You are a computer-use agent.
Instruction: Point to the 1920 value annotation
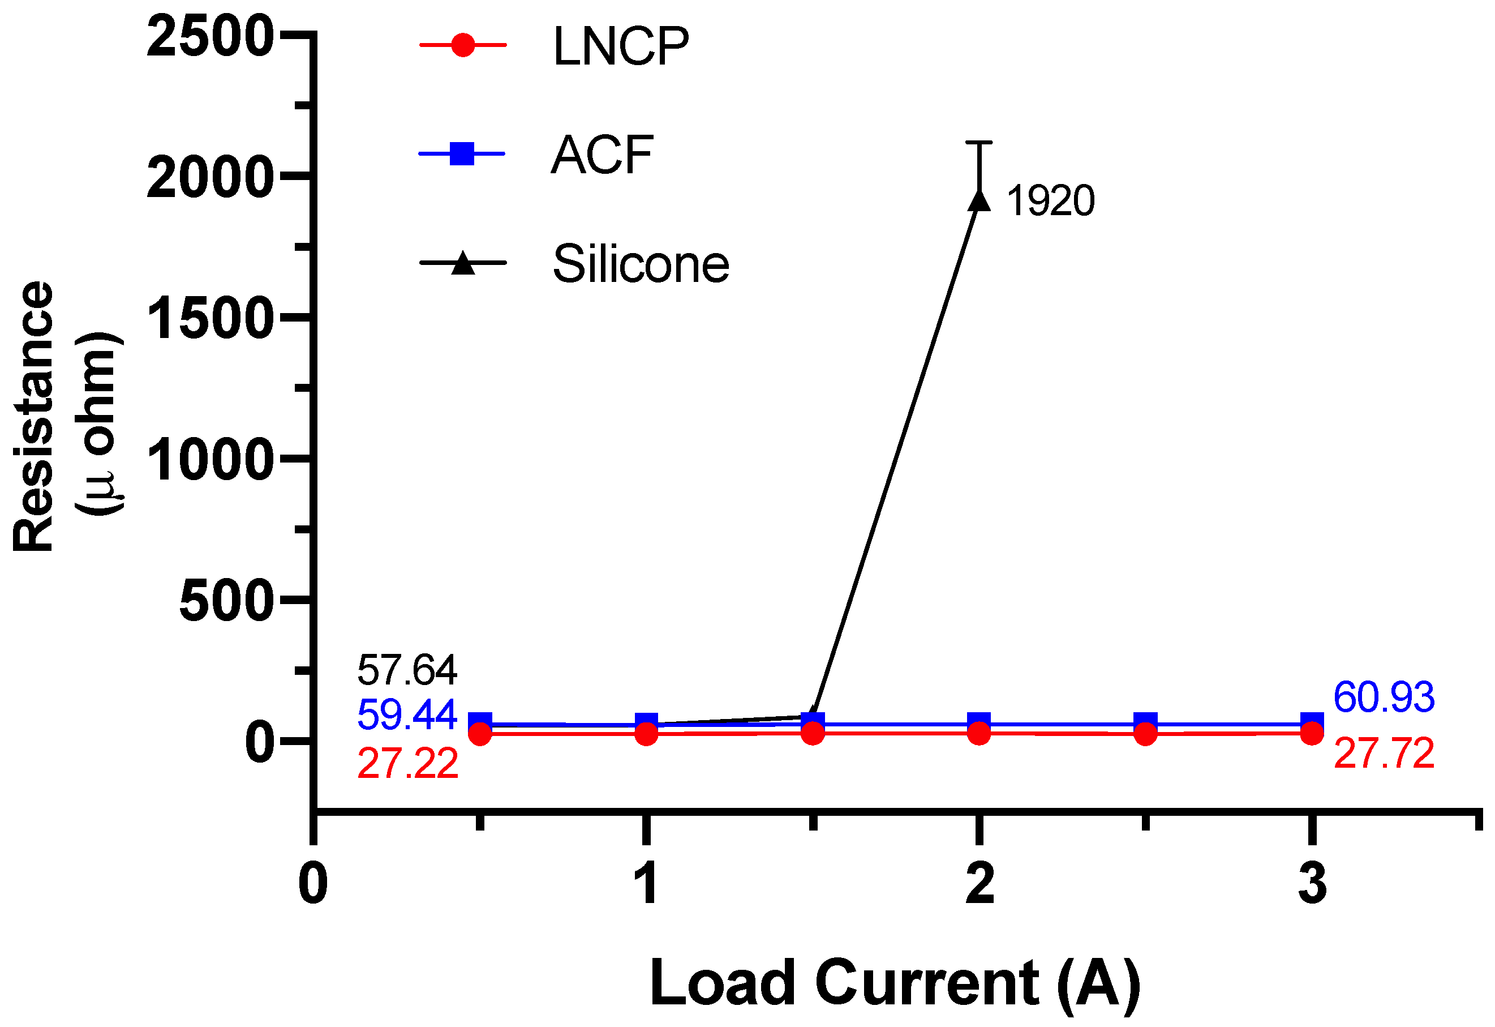pyautogui.click(x=1050, y=201)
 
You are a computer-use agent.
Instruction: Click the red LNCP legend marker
pyautogui.click(x=462, y=45)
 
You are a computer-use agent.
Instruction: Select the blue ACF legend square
pyautogui.click(x=462, y=154)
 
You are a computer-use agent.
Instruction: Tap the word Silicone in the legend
pyautogui.click(x=641, y=264)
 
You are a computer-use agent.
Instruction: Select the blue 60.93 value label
pyautogui.click(x=1384, y=697)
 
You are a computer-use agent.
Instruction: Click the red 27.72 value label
pyautogui.click(x=1384, y=753)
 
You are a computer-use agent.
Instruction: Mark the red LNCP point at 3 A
pyautogui.click(x=1312, y=733)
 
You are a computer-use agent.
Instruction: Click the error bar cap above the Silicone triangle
pyautogui.click(x=979, y=142)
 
